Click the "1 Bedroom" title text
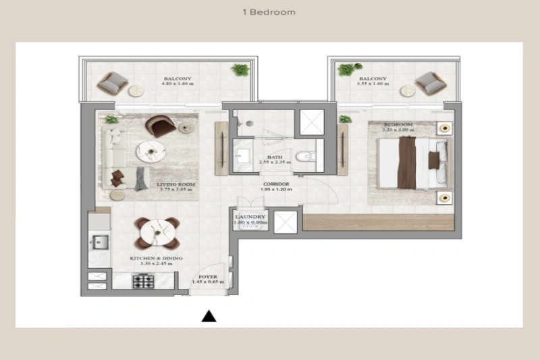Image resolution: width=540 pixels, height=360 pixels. pyautogui.click(x=269, y=12)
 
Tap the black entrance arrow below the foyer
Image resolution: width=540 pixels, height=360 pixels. pyautogui.click(x=210, y=315)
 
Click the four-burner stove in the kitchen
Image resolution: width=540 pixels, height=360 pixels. pyautogui.click(x=142, y=282)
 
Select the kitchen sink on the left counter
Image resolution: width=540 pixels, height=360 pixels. pyautogui.click(x=99, y=242)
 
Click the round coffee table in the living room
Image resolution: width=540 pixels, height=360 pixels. pyautogui.click(x=148, y=151)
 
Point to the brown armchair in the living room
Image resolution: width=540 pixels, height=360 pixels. pyautogui.click(x=162, y=126)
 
